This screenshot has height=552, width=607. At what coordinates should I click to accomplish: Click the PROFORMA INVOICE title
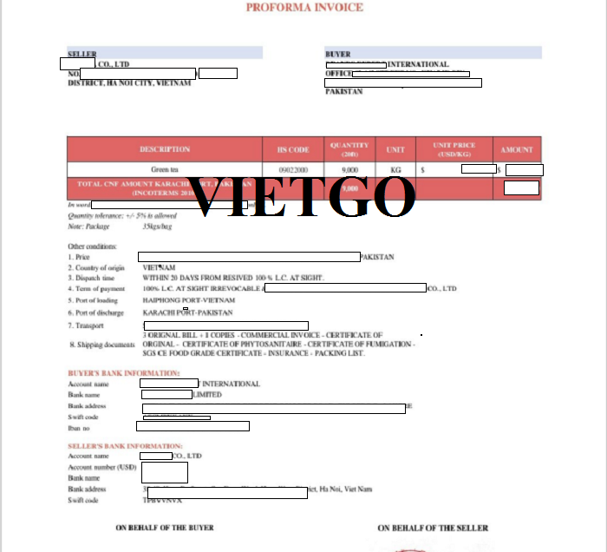(x=304, y=8)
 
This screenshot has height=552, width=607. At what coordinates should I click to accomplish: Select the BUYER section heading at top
(x=337, y=54)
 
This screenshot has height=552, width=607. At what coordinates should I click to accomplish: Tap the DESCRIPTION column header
(x=165, y=149)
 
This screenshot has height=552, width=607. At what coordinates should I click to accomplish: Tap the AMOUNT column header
(x=518, y=149)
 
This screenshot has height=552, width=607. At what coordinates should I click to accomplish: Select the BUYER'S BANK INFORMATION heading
(x=124, y=373)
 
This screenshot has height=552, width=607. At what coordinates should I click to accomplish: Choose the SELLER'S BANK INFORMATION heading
(x=126, y=445)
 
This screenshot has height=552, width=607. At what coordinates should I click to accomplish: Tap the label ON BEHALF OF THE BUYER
(x=165, y=528)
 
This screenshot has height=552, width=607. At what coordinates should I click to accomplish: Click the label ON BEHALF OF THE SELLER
(x=433, y=528)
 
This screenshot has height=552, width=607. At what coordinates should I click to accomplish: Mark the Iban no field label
(x=80, y=428)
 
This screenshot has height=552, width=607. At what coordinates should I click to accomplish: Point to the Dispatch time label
(x=94, y=278)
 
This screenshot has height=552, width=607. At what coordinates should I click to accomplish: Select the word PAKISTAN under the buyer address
(x=344, y=92)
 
